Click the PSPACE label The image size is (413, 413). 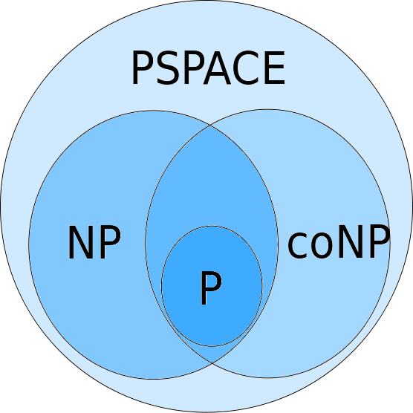tap(208, 68)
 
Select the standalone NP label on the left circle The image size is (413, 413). tap(94, 242)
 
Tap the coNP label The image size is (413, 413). tap(339, 241)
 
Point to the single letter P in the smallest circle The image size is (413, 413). tap(211, 288)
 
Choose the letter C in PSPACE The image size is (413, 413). tap(244, 68)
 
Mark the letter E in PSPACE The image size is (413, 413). tap(274, 68)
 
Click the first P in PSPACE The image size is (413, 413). tap(143, 68)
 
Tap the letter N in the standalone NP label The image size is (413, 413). tap(81, 242)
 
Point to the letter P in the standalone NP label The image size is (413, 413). tap(111, 242)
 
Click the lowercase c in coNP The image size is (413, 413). tap(298, 245)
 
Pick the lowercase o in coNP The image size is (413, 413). tap(322, 245)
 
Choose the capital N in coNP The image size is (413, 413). tap(351, 241)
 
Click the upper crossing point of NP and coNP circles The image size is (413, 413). tap(210, 126)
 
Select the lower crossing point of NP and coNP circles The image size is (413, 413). tap(212, 363)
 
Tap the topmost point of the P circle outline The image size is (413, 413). tap(212, 226)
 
